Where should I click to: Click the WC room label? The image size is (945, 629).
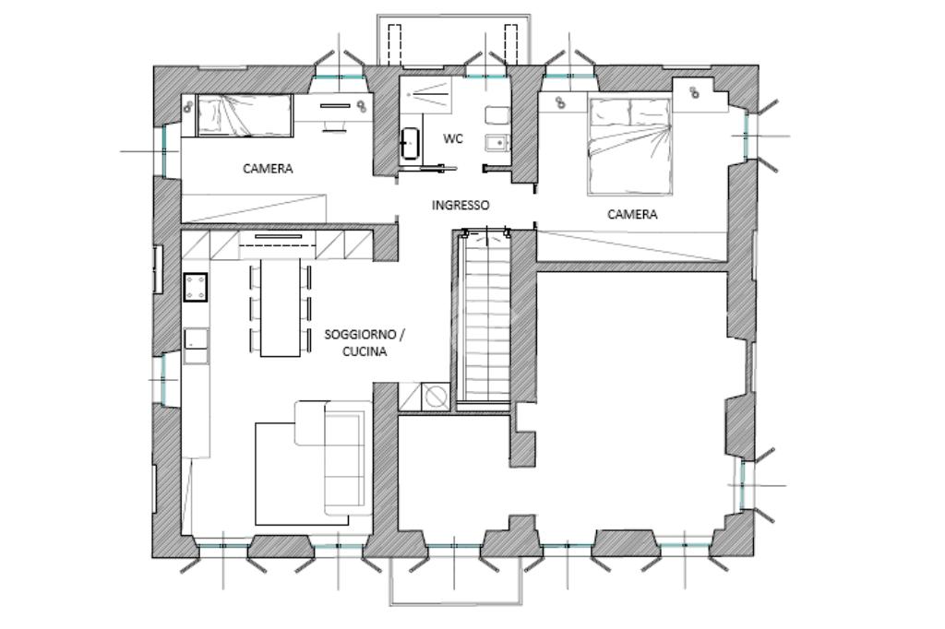(x=453, y=138)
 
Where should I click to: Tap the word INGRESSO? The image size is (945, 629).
(x=461, y=205)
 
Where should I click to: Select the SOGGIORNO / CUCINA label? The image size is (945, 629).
(x=365, y=343)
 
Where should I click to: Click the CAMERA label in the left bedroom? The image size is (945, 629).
(x=268, y=169)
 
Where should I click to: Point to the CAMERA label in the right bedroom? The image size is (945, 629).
(x=632, y=214)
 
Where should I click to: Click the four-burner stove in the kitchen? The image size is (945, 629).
(x=196, y=287)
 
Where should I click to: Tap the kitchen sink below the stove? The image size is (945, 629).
(x=196, y=345)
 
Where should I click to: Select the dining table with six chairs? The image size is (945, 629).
(x=281, y=307)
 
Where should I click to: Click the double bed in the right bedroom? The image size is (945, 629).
(x=629, y=147)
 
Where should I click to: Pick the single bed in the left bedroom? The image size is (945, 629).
(x=245, y=115)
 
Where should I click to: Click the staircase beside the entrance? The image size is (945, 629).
(x=484, y=316)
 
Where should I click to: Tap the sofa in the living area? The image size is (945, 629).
(x=332, y=457)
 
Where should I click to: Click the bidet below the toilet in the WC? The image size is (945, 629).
(x=497, y=143)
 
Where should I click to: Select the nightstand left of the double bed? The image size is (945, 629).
(x=562, y=102)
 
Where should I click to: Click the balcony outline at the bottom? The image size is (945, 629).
(x=456, y=604)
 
